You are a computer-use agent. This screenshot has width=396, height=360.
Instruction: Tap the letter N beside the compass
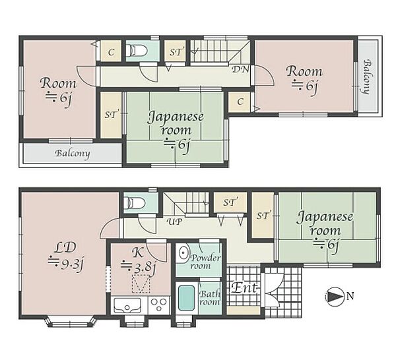click(x=350, y=295)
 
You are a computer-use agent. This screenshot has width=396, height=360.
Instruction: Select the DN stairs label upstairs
click(x=240, y=69)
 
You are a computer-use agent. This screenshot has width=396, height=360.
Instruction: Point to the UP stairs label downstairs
click(x=174, y=222)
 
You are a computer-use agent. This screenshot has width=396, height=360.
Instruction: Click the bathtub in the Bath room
click(x=186, y=298)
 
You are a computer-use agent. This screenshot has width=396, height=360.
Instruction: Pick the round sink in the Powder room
click(x=183, y=252)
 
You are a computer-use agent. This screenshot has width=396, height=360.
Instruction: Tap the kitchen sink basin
click(x=127, y=305)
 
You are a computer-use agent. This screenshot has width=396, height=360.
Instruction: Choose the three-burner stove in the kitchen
click(x=159, y=305)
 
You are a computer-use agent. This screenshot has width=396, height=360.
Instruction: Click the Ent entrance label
click(x=244, y=287)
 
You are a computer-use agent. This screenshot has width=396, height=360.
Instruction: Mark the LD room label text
click(x=65, y=248)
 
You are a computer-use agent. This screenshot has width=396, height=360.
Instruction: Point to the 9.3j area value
click(x=65, y=263)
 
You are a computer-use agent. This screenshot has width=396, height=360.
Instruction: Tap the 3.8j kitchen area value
click(x=138, y=267)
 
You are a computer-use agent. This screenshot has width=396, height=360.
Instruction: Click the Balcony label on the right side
click(x=369, y=76)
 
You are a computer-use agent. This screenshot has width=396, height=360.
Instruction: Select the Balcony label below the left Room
click(x=73, y=154)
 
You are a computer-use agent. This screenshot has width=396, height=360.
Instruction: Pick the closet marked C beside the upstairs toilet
click(x=111, y=52)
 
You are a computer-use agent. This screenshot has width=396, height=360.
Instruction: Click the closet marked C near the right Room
click(x=240, y=102)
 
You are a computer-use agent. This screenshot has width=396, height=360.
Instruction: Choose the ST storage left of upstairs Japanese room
click(x=111, y=115)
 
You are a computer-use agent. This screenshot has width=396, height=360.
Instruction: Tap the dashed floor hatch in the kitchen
click(x=141, y=284)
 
